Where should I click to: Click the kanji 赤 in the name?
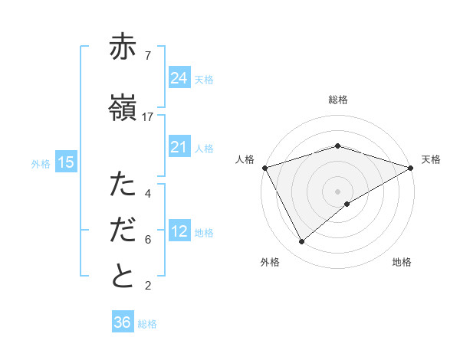tap(123, 47)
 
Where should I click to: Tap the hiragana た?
tap(123, 185)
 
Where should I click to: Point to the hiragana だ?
tap(123, 231)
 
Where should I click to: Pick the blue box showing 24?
tap(179, 78)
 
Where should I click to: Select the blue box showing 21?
tap(179, 147)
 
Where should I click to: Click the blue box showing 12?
tap(179, 231)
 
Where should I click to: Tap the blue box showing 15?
tap(65, 162)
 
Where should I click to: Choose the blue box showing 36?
tap(122, 322)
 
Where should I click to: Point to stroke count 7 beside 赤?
tap(147, 55)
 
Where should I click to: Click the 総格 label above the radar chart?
tap(338, 100)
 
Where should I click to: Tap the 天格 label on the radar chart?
tap(431, 159)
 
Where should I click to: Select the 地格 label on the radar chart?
tap(402, 262)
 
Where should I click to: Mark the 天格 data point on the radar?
tap(411, 167)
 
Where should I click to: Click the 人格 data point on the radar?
tap(264, 167)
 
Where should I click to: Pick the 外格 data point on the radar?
tap(302, 242)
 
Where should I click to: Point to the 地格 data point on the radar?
tap(347, 204)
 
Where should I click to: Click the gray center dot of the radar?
tap(337, 191)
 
